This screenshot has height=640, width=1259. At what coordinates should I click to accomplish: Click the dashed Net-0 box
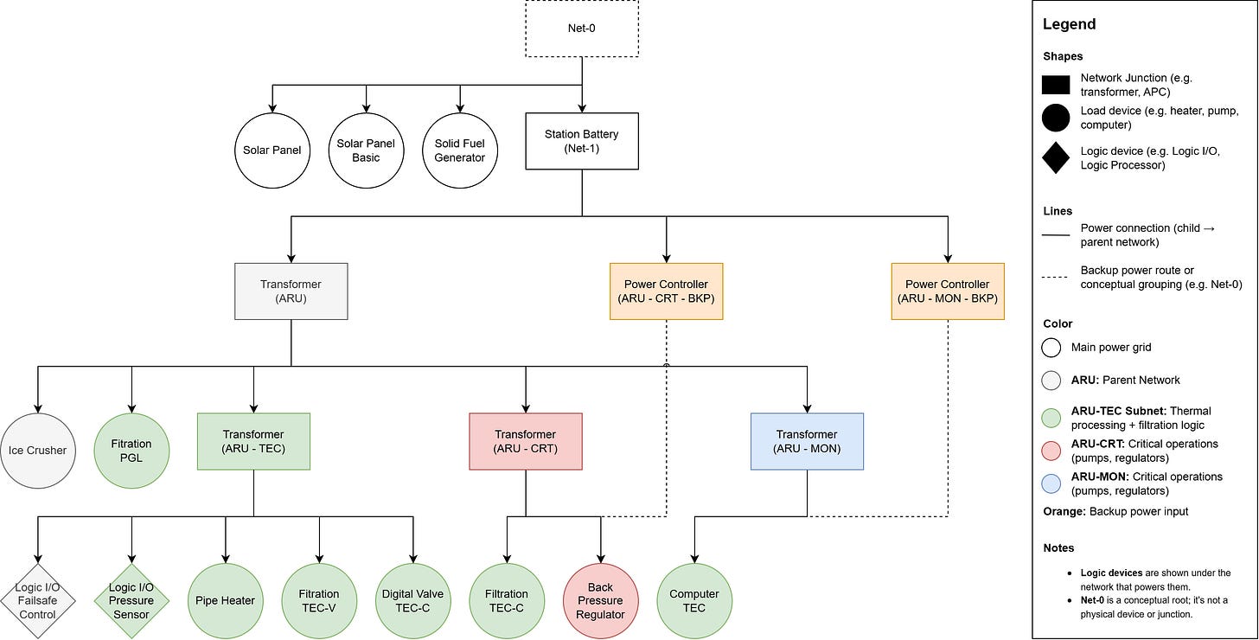pos(582,29)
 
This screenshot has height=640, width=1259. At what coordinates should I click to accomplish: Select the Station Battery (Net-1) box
pos(582,141)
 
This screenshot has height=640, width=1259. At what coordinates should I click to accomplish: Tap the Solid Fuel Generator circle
pos(460,150)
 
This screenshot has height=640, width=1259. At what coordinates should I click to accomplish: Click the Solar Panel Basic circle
pos(367,150)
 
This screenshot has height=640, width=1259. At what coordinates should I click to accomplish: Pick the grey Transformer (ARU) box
pos(291,291)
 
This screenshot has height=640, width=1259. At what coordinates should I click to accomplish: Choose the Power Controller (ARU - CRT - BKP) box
pos(666,291)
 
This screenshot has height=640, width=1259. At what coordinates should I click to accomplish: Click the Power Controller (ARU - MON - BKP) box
pos(948,291)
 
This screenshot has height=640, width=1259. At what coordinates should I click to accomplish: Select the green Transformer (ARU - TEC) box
pos(253,441)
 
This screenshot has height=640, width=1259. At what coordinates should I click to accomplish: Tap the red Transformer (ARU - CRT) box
pos(526,441)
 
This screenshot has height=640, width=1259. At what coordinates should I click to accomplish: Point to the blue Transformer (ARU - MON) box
pos(807,441)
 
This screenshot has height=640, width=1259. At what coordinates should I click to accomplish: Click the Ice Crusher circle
pos(38,450)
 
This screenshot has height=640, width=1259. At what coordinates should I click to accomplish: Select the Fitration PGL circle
pos(131,450)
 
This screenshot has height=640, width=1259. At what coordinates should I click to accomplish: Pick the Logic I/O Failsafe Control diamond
pos(38,601)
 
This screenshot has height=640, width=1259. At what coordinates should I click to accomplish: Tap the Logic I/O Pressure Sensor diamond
pos(131,601)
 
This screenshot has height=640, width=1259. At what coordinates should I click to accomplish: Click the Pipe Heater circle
pos(226,601)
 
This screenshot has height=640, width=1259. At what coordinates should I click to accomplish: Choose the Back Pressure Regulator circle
pos(600,601)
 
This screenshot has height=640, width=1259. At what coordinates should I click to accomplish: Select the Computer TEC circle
pos(694,601)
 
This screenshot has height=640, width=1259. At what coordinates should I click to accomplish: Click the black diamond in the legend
pos(1056,157)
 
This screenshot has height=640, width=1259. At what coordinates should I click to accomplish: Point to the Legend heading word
pos(1069,24)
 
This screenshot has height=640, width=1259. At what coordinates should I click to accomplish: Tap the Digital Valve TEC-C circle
pos(412,601)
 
